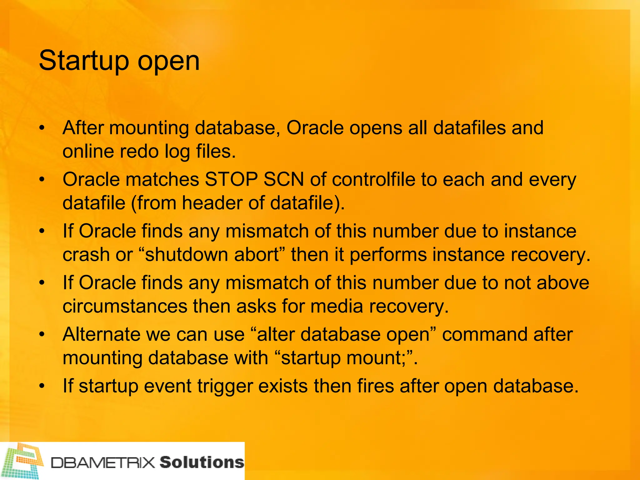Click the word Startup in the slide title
(x=84, y=61)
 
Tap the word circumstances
(x=125, y=306)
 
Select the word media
(x=337, y=306)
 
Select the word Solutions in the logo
(x=202, y=462)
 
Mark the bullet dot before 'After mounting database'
(x=42, y=128)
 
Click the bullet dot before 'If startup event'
(x=42, y=386)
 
